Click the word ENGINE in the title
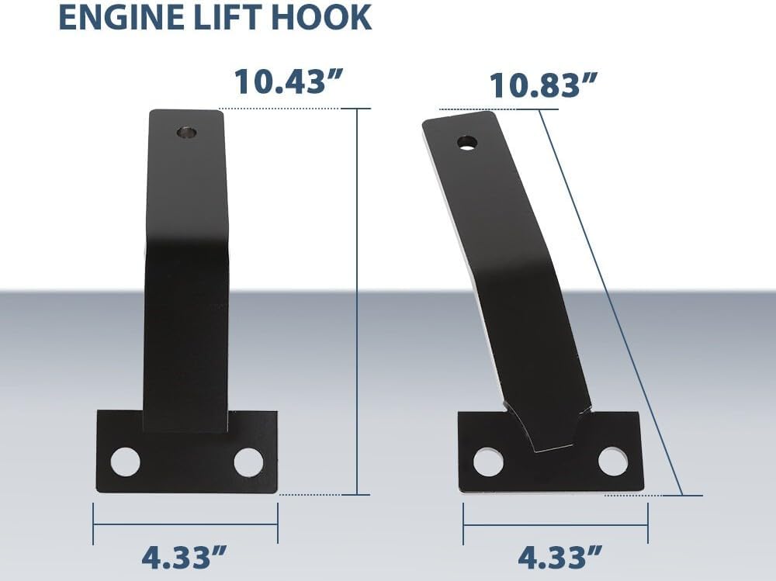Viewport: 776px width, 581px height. pos(116,18)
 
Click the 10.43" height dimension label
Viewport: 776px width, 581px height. pos(289,81)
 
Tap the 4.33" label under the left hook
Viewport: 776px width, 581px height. pos(185,557)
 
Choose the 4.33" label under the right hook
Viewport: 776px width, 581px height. pos(560,557)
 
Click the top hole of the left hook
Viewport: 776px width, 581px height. pos(187,133)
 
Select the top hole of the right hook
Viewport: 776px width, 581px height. pos(467,143)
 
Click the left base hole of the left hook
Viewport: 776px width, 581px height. pos(125,462)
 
